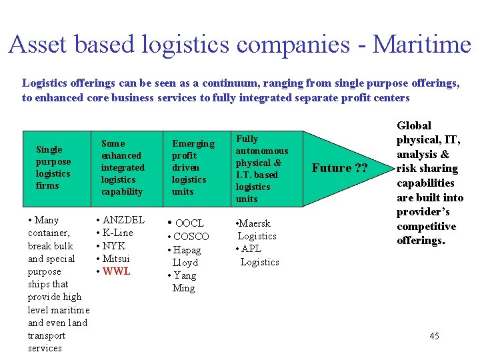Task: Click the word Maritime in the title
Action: point(421,45)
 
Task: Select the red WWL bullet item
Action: point(117,271)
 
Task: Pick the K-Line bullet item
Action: point(117,233)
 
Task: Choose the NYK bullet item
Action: point(114,245)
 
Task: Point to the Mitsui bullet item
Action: point(117,259)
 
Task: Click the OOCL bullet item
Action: point(189,223)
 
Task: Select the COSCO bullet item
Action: point(191,236)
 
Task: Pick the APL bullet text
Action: point(252,249)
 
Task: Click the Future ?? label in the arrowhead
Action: point(340,168)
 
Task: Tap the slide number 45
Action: point(434,335)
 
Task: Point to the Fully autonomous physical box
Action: point(262,168)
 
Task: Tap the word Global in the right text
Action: point(414,125)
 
